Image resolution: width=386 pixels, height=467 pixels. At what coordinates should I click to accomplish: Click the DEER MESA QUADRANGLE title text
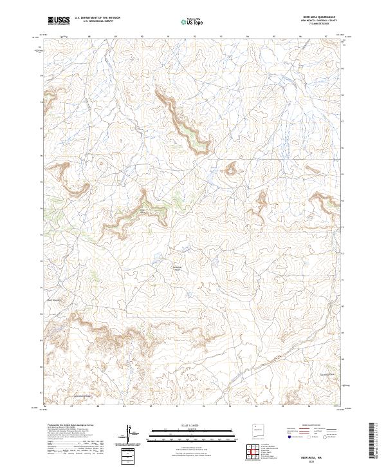click(x=318, y=17)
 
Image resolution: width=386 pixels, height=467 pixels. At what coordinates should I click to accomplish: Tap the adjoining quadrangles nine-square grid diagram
click(x=254, y=452)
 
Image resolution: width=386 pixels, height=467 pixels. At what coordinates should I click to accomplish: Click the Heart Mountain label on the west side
click(x=53, y=299)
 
